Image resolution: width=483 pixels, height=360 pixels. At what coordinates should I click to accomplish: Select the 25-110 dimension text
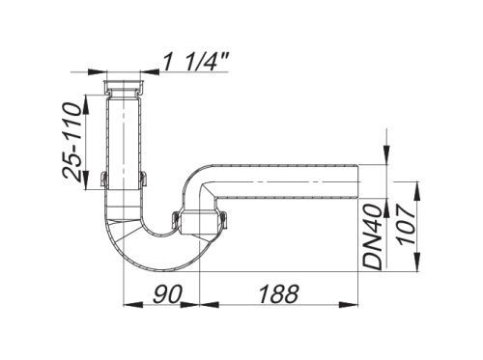point(71,142)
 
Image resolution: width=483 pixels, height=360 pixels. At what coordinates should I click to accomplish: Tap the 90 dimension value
point(167,294)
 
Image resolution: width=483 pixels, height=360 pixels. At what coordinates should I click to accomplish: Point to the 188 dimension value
point(278,294)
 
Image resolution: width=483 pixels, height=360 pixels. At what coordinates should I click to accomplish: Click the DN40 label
point(373,236)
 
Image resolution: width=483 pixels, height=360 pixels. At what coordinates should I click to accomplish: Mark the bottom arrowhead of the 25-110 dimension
point(86,180)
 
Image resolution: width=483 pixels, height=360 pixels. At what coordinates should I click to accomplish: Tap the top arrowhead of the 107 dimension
point(417,191)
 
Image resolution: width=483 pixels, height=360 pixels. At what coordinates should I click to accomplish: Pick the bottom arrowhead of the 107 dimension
point(417,263)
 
